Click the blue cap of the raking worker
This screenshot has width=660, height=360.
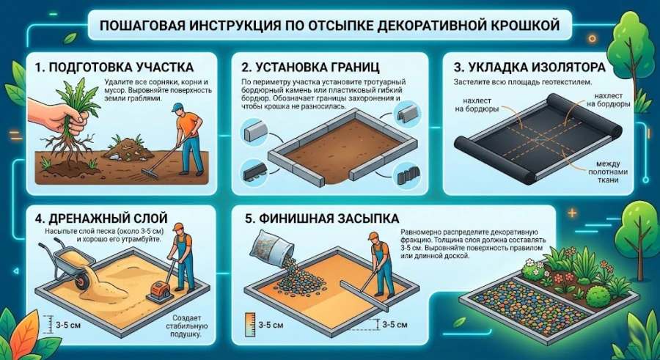[177, 107]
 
